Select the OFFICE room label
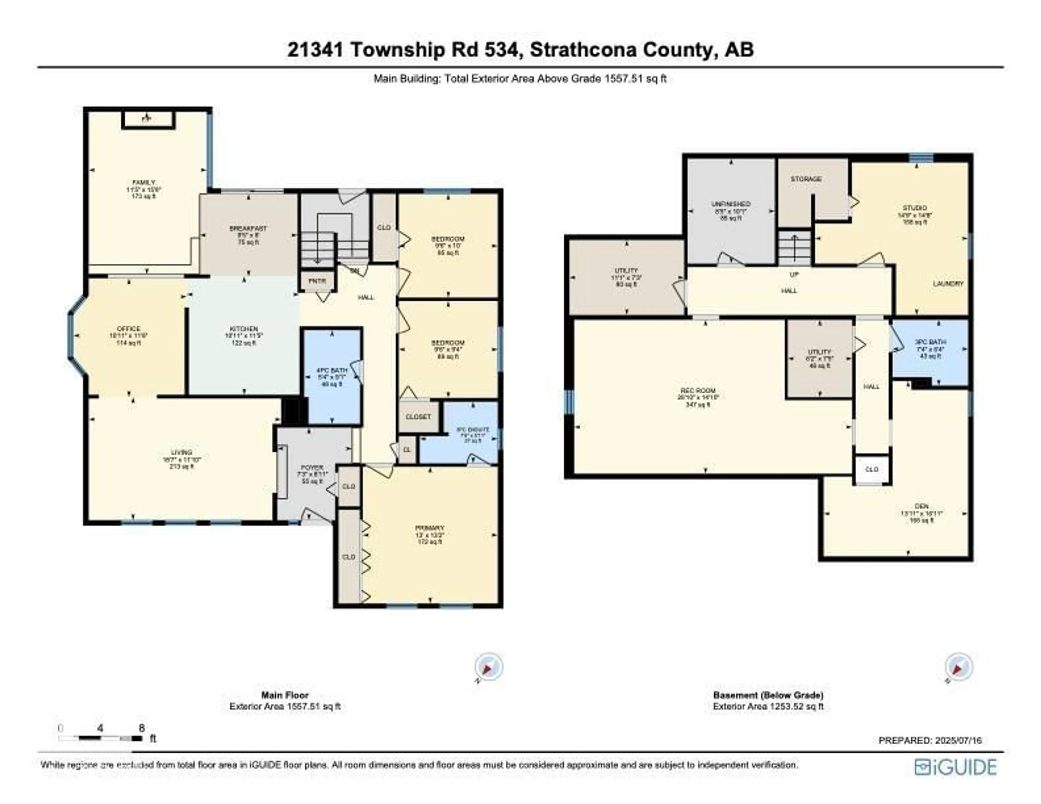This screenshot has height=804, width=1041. [129, 329]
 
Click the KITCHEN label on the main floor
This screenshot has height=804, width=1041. [244, 329]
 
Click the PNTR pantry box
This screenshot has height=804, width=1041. [317, 281]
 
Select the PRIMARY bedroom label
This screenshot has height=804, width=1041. [429, 528]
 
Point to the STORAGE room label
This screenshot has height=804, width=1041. [806, 179]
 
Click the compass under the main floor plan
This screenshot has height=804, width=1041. [488, 666]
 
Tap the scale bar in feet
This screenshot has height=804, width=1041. [100, 738]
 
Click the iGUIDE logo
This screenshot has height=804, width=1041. [955, 767]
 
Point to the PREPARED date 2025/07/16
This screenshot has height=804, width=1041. [930, 741]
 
